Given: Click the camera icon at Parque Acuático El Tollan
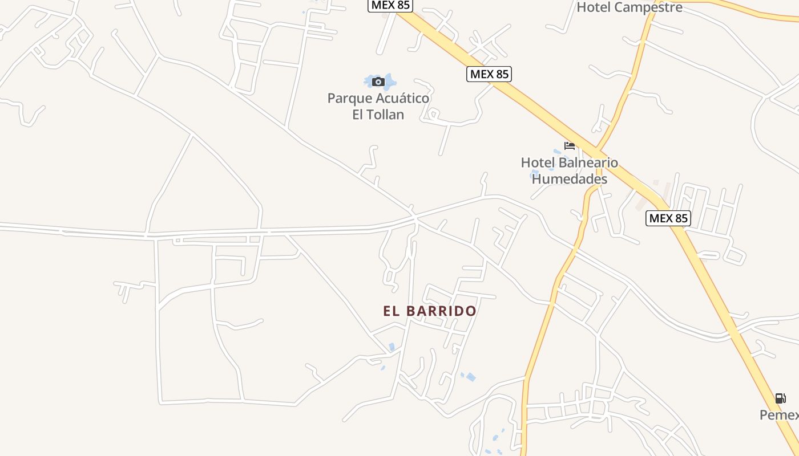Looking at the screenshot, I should (x=378, y=82).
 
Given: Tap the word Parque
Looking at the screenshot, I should (x=348, y=98).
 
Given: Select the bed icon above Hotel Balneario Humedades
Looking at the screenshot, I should (x=569, y=145).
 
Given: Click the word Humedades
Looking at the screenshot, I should (x=569, y=179).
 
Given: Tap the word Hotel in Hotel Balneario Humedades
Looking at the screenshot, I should (x=539, y=162).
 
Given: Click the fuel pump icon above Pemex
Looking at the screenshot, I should (x=780, y=398).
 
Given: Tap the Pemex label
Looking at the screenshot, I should (x=780, y=415).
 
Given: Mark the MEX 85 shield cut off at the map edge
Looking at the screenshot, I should (x=390, y=5).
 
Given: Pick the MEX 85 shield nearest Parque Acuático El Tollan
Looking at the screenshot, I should (x=489, y=74).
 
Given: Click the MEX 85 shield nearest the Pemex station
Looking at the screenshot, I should (x=668, y=218).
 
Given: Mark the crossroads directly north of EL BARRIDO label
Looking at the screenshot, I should (x=415, y=218).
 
